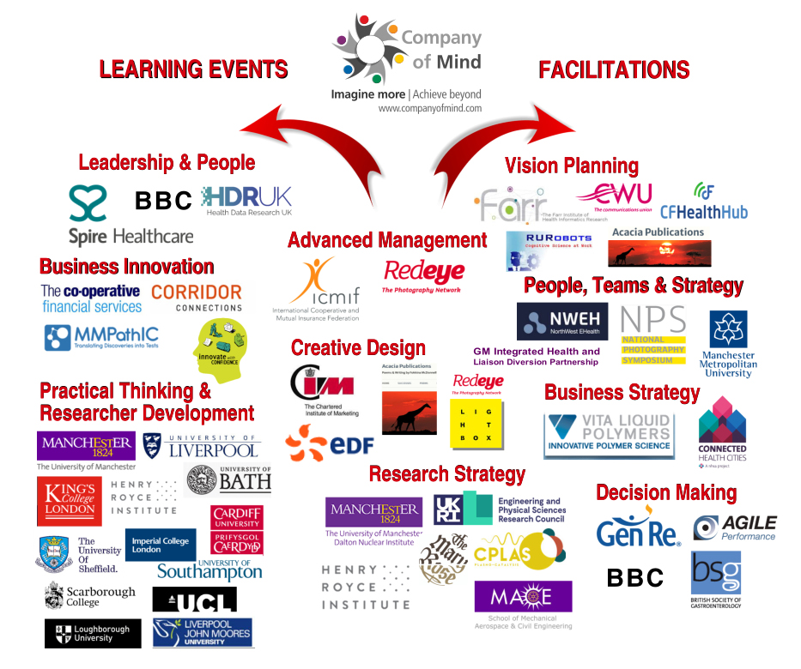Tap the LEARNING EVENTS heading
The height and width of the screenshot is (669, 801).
[193, 69]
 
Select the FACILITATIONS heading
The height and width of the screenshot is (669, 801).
[614, 69]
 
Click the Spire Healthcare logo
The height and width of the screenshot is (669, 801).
[129, 215]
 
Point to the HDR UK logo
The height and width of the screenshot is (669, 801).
[247, 201]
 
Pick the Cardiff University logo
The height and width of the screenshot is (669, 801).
[236, 529]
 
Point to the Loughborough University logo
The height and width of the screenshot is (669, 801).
[93, 634]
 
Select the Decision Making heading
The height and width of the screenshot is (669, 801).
[666, 492]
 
